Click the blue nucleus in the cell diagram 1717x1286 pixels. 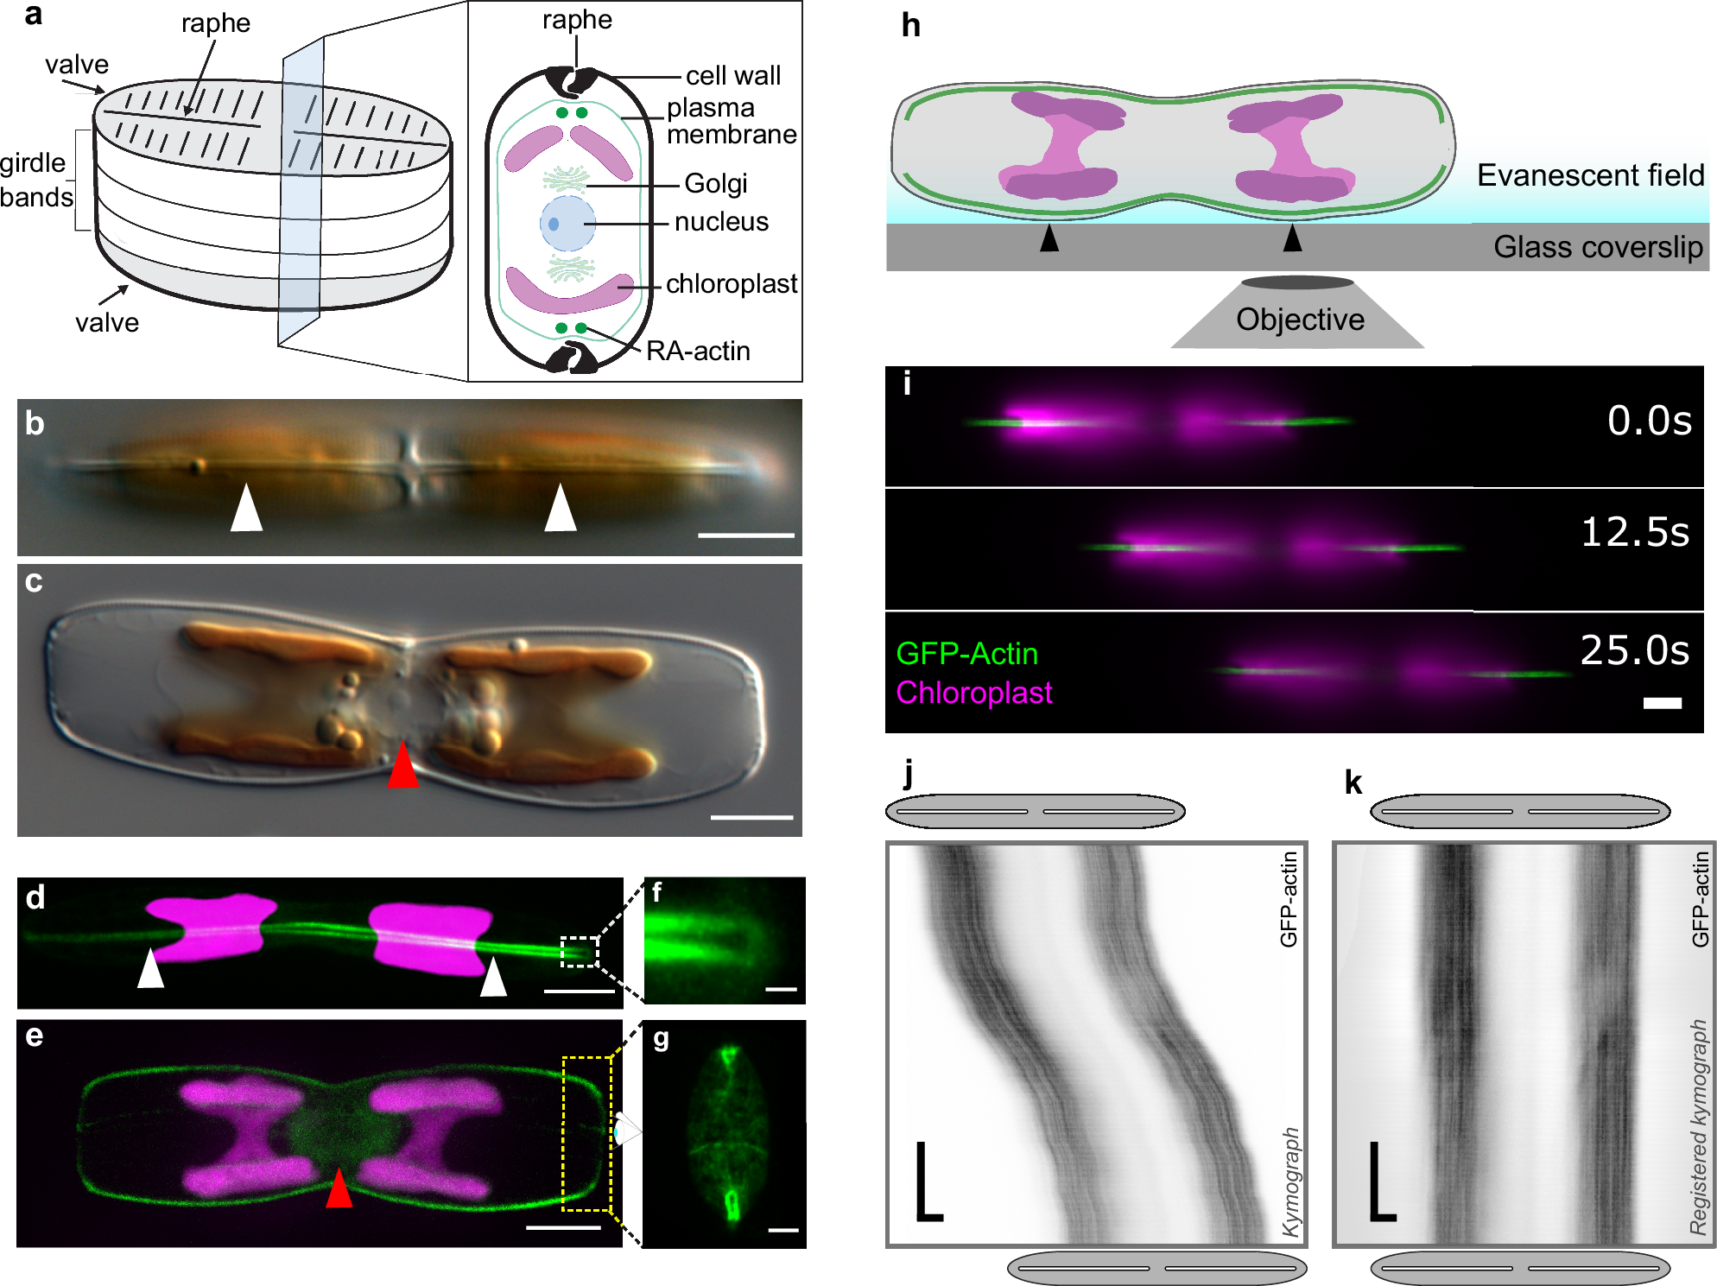click(567, 223)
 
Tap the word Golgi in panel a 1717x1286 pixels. click(715, 183)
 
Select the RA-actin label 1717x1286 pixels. click(698, 351)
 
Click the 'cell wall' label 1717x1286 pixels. click(732, 76)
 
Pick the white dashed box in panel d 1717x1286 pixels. click(579, 952)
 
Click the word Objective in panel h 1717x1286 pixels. click(1300, 320)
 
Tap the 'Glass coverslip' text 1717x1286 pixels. click(1598, 247)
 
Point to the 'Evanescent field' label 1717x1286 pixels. click(1590, 175)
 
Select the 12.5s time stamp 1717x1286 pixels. click(1634, 532)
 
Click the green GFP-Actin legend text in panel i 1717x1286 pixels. click(966, 654)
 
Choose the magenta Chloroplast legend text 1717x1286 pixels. click(973, 693)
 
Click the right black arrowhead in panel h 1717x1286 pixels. click(1292, 238)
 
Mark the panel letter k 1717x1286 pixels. click(1353, 782)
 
